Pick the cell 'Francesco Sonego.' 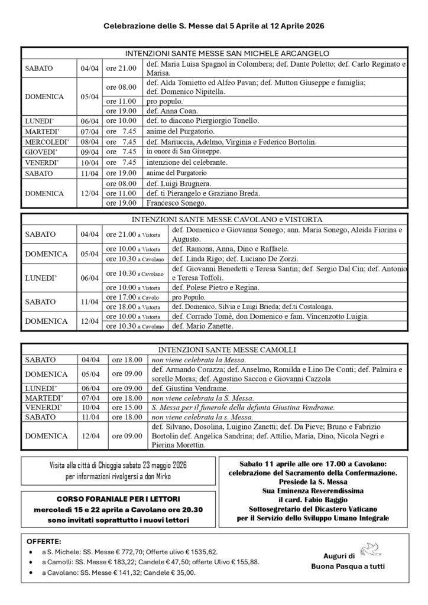176,203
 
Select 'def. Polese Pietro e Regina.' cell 216,287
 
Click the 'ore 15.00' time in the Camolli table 124,408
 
